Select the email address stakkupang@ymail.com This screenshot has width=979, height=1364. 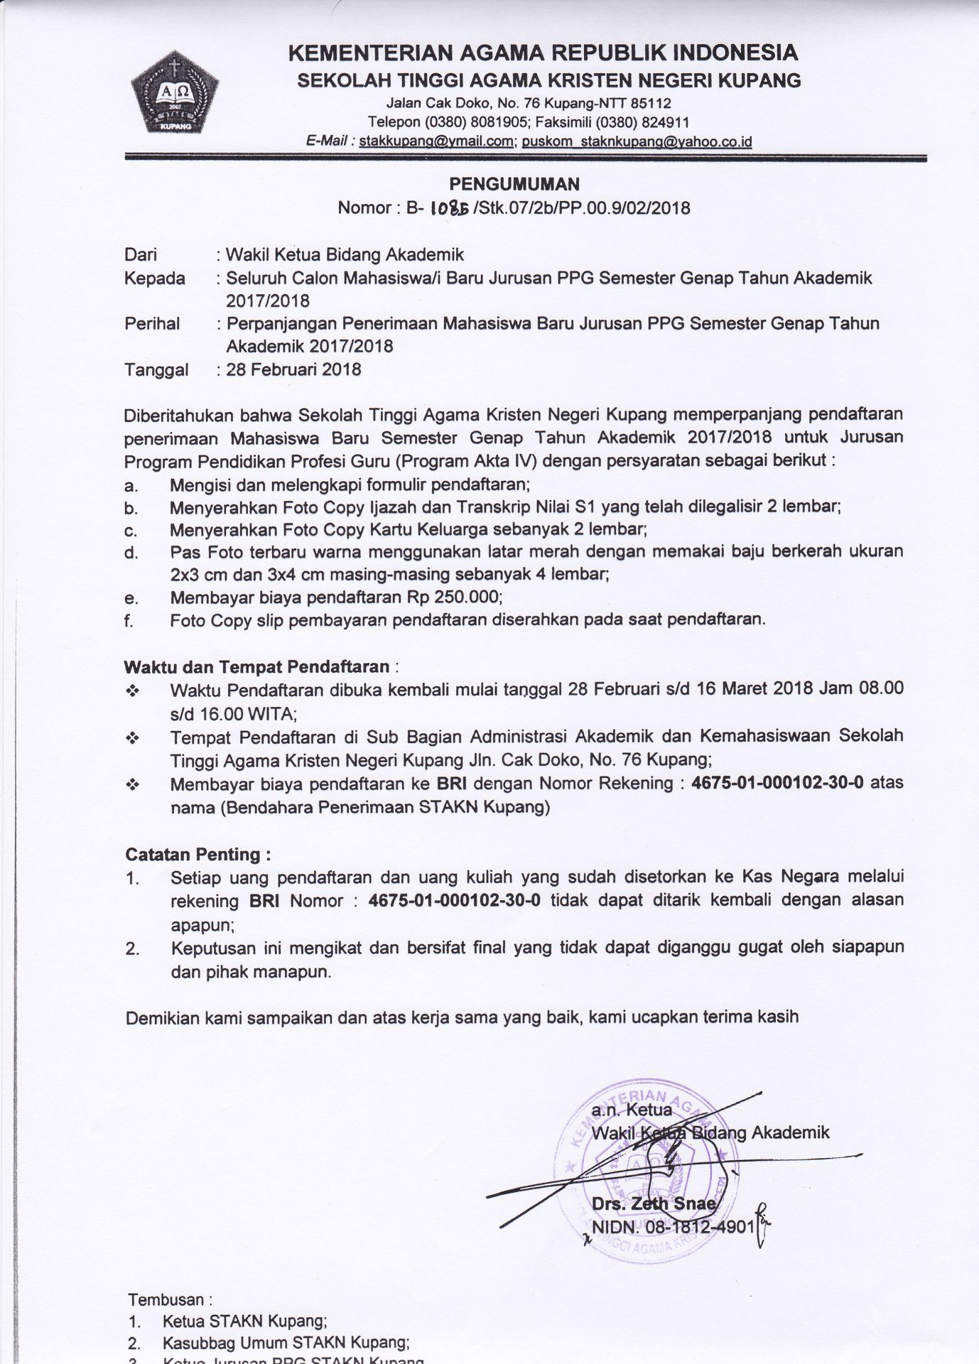pyautogui.click(x=436, y=141)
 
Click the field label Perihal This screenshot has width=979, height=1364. pyautogui.click(x=152, y=324)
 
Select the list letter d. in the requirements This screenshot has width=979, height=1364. pyautogui.click(x=130, y=552)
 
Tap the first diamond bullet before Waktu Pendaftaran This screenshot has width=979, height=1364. pyautogui.click(x=131, y=691)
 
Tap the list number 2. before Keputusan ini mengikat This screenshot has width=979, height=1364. pyautogui.click(x=132, y=948)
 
